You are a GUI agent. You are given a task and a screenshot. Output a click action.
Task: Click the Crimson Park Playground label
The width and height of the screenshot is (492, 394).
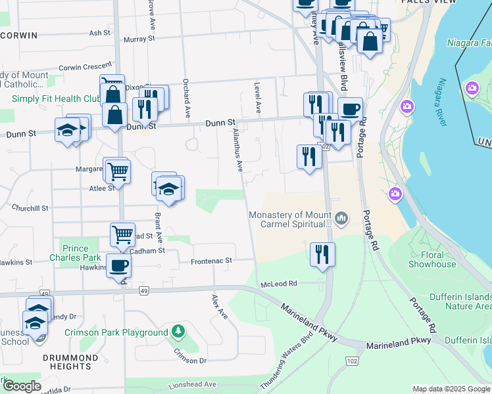[116, 332]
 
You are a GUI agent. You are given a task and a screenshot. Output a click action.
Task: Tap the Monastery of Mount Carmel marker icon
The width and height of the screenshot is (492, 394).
[341, 218]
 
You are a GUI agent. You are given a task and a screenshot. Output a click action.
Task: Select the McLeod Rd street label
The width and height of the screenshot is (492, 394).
[279, 283]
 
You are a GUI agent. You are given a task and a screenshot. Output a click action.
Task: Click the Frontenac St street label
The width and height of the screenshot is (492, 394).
[212, 261]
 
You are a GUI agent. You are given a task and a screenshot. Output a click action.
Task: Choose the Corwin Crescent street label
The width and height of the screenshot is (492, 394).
[86, 66]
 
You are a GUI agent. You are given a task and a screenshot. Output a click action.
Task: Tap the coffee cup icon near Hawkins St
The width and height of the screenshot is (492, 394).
[118, 265]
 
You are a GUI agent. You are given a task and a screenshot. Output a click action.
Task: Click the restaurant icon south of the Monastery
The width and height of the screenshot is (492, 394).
[322, 254]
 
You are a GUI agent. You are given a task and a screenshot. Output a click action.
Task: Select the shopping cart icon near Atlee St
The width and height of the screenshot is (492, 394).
[118, 171]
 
